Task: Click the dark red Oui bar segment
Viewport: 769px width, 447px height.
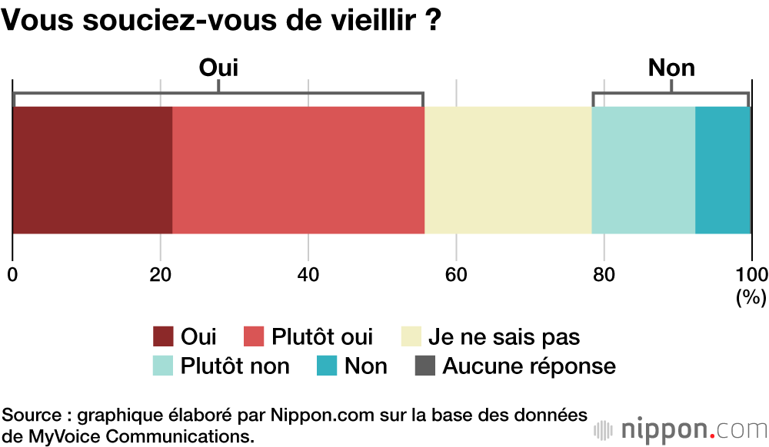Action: [x=92, y=170]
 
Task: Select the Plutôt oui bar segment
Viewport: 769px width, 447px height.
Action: [x=298, y=170]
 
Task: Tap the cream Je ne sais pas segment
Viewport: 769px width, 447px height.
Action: [x=508, y=170]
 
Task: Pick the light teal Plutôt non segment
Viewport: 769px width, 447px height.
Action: [x=643, y=170]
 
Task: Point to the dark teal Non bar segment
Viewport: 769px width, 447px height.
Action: [x=723, y=170]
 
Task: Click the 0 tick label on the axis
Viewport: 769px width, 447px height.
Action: [x=12, y=275]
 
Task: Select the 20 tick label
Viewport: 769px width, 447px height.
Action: [x=160, y=275]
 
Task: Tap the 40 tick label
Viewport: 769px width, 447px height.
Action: [x=308, y=275]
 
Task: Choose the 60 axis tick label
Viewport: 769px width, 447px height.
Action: [x=456, y=275]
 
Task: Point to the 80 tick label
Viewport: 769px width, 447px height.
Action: [x=604, y=275]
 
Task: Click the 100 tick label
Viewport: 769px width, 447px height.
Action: [x=751, y=275]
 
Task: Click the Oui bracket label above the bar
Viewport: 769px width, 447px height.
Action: [x=218, y=68]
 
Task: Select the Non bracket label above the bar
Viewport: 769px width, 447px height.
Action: [x=671, y=68]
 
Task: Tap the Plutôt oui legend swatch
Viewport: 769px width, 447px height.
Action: [x=254, y=337]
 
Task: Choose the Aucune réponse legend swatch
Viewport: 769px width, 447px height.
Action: [x=425, y=366]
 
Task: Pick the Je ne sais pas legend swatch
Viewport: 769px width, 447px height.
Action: [x=411, y=337]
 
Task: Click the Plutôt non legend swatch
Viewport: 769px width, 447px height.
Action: [x=163, y=366]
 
